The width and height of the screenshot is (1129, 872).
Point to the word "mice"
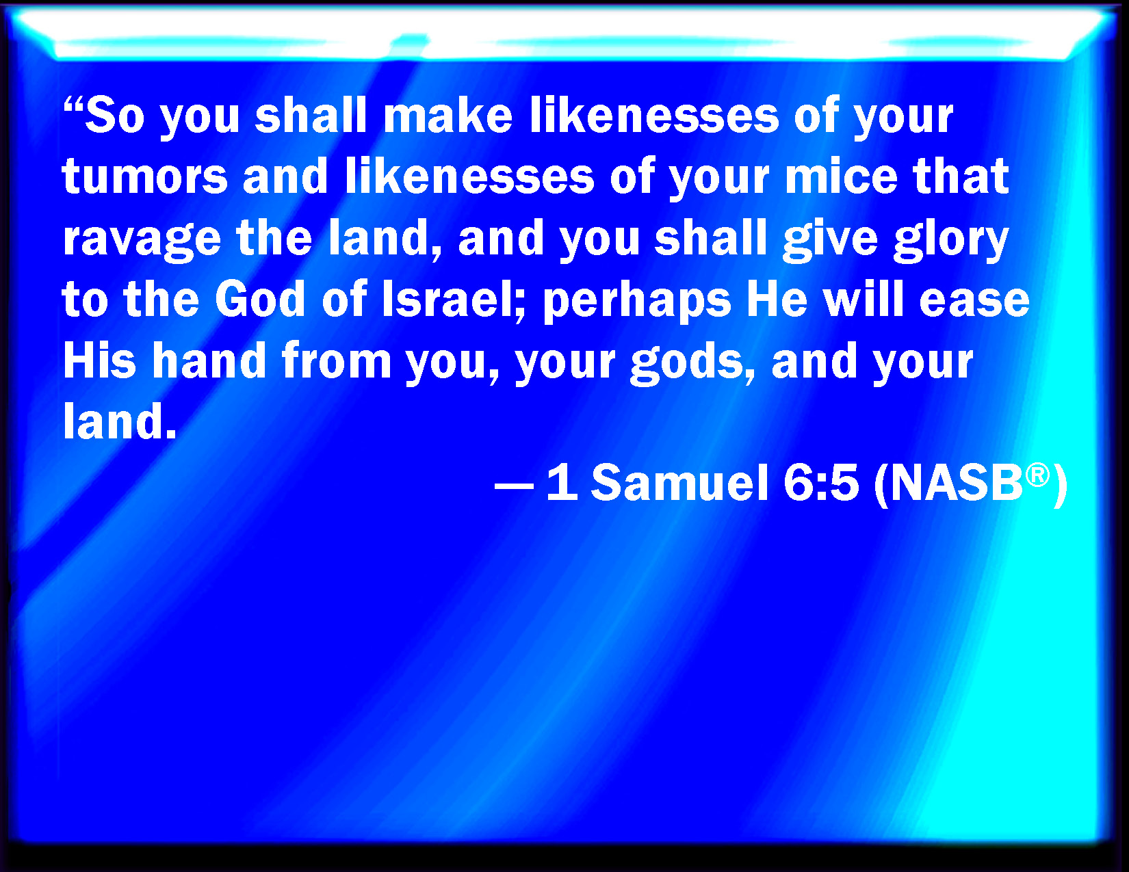(x=841, y=176)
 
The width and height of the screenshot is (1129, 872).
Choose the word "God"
(x=260, y=299)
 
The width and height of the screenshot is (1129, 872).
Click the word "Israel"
(x=447, y=299)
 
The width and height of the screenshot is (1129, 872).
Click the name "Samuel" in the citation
(x=679, y=482)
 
